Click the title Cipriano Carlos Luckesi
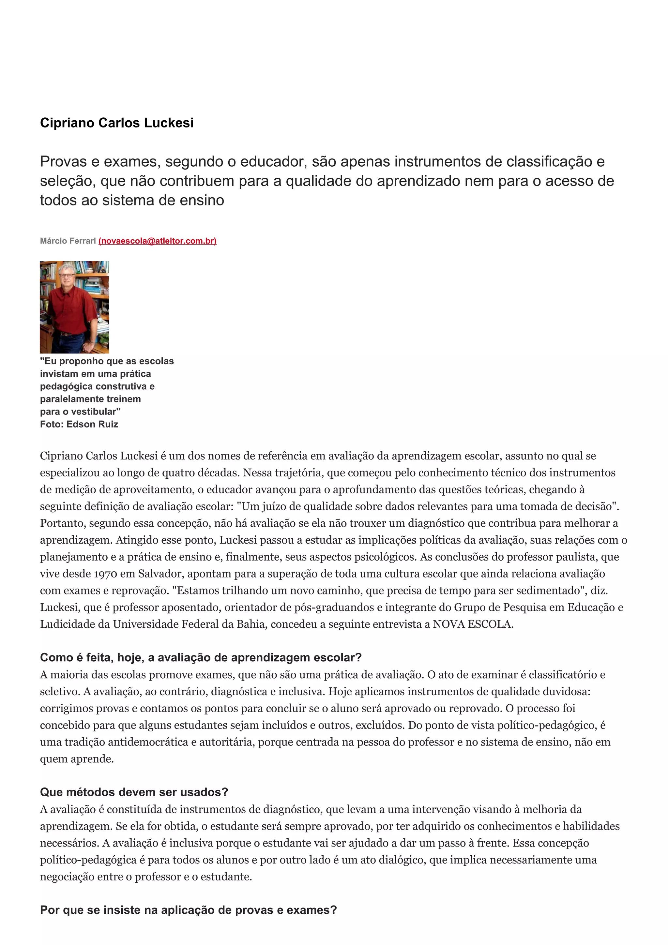tap(116, 123)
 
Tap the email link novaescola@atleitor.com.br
tap(157, 241)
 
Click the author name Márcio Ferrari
tap(68, 241)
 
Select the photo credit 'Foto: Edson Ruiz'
tap(79, 424)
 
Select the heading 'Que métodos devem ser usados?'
tap(134, 792)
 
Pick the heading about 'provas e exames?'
tap(189, 910)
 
